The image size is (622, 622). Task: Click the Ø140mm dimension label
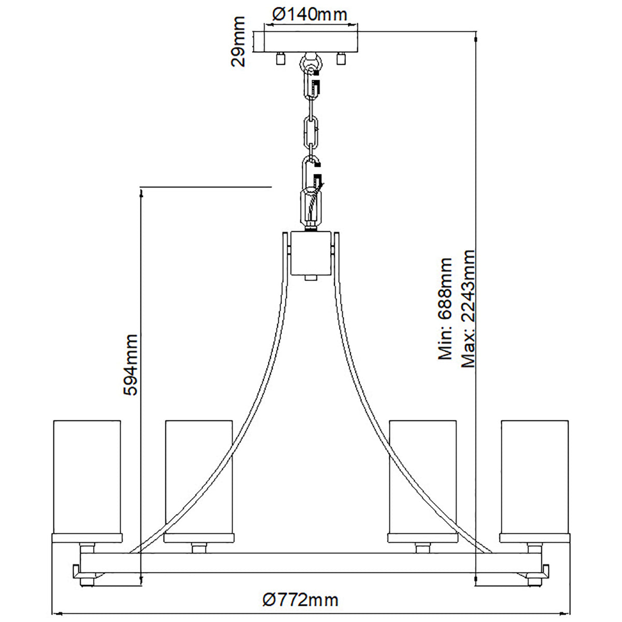309,14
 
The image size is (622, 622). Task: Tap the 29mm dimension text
238,41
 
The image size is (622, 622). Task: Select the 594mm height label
131,365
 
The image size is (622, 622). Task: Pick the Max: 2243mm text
468,308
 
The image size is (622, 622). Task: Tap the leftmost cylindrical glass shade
87,477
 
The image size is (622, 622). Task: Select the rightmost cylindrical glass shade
534,477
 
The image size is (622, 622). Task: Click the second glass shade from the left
199,477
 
